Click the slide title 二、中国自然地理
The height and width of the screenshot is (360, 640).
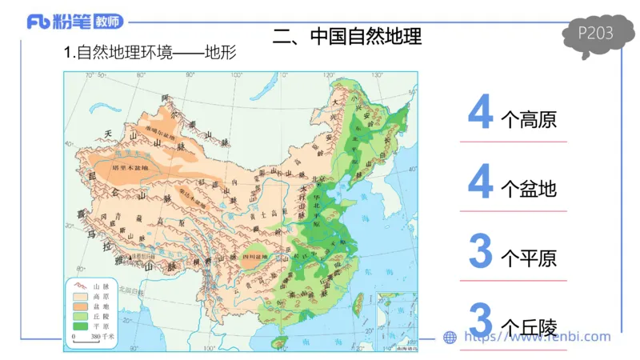coord(347,36)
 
